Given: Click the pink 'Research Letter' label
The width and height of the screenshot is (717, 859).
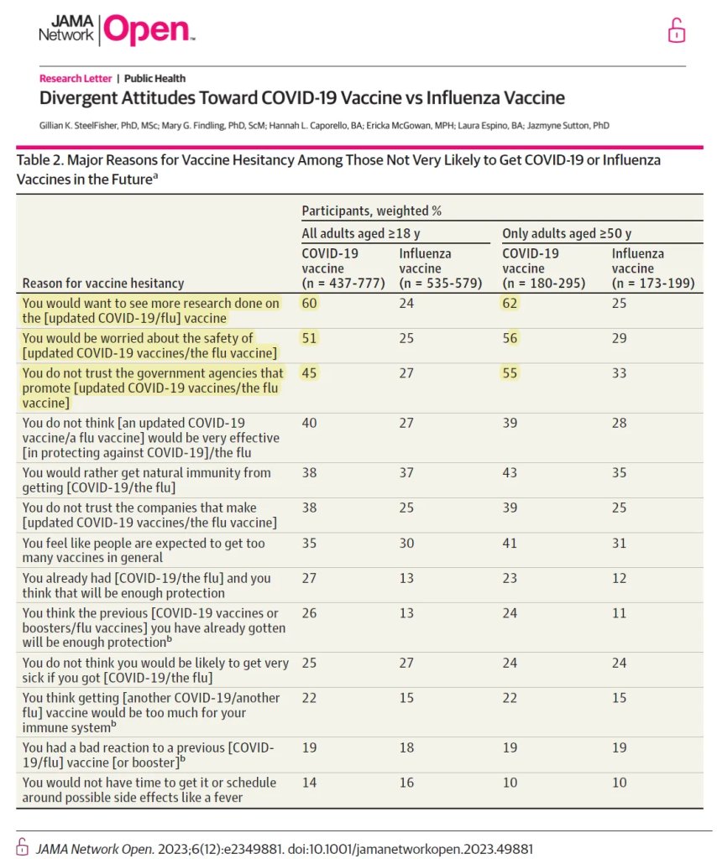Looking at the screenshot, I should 76,79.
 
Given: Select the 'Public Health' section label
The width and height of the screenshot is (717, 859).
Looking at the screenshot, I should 154,79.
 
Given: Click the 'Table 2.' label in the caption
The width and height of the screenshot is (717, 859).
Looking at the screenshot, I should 39,159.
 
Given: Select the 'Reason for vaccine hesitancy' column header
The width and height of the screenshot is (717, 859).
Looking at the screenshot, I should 103,284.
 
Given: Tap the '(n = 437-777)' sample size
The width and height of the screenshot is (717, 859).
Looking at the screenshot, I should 343,284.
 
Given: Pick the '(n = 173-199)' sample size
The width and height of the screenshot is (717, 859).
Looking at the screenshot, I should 653,284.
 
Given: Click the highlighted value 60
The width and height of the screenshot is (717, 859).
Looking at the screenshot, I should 310,303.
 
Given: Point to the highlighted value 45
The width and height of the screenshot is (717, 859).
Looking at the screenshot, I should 310,373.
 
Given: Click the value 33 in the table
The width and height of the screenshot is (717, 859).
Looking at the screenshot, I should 620,373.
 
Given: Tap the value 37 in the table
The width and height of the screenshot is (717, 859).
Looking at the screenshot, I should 406,473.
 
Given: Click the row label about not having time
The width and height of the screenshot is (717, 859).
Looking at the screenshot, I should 149,790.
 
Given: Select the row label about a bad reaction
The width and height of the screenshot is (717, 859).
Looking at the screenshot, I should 148,754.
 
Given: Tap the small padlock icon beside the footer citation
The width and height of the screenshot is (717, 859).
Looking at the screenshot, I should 23,848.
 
